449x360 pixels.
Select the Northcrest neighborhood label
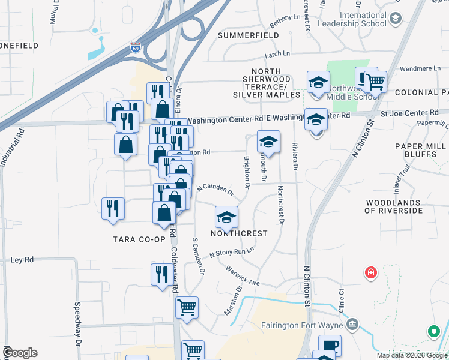tap(238, 233)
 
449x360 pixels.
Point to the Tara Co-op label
tap(139, 239)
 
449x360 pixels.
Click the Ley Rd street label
tap(23, 260)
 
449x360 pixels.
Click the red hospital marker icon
tap(372, 273)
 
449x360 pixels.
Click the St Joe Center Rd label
tap(409, 113)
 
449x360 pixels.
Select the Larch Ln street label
tap(277, 54)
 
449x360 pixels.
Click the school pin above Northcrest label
tap(226, 217)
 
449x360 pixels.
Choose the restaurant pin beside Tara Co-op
tap(113, 209)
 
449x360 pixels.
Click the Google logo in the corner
tap(19, 353)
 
